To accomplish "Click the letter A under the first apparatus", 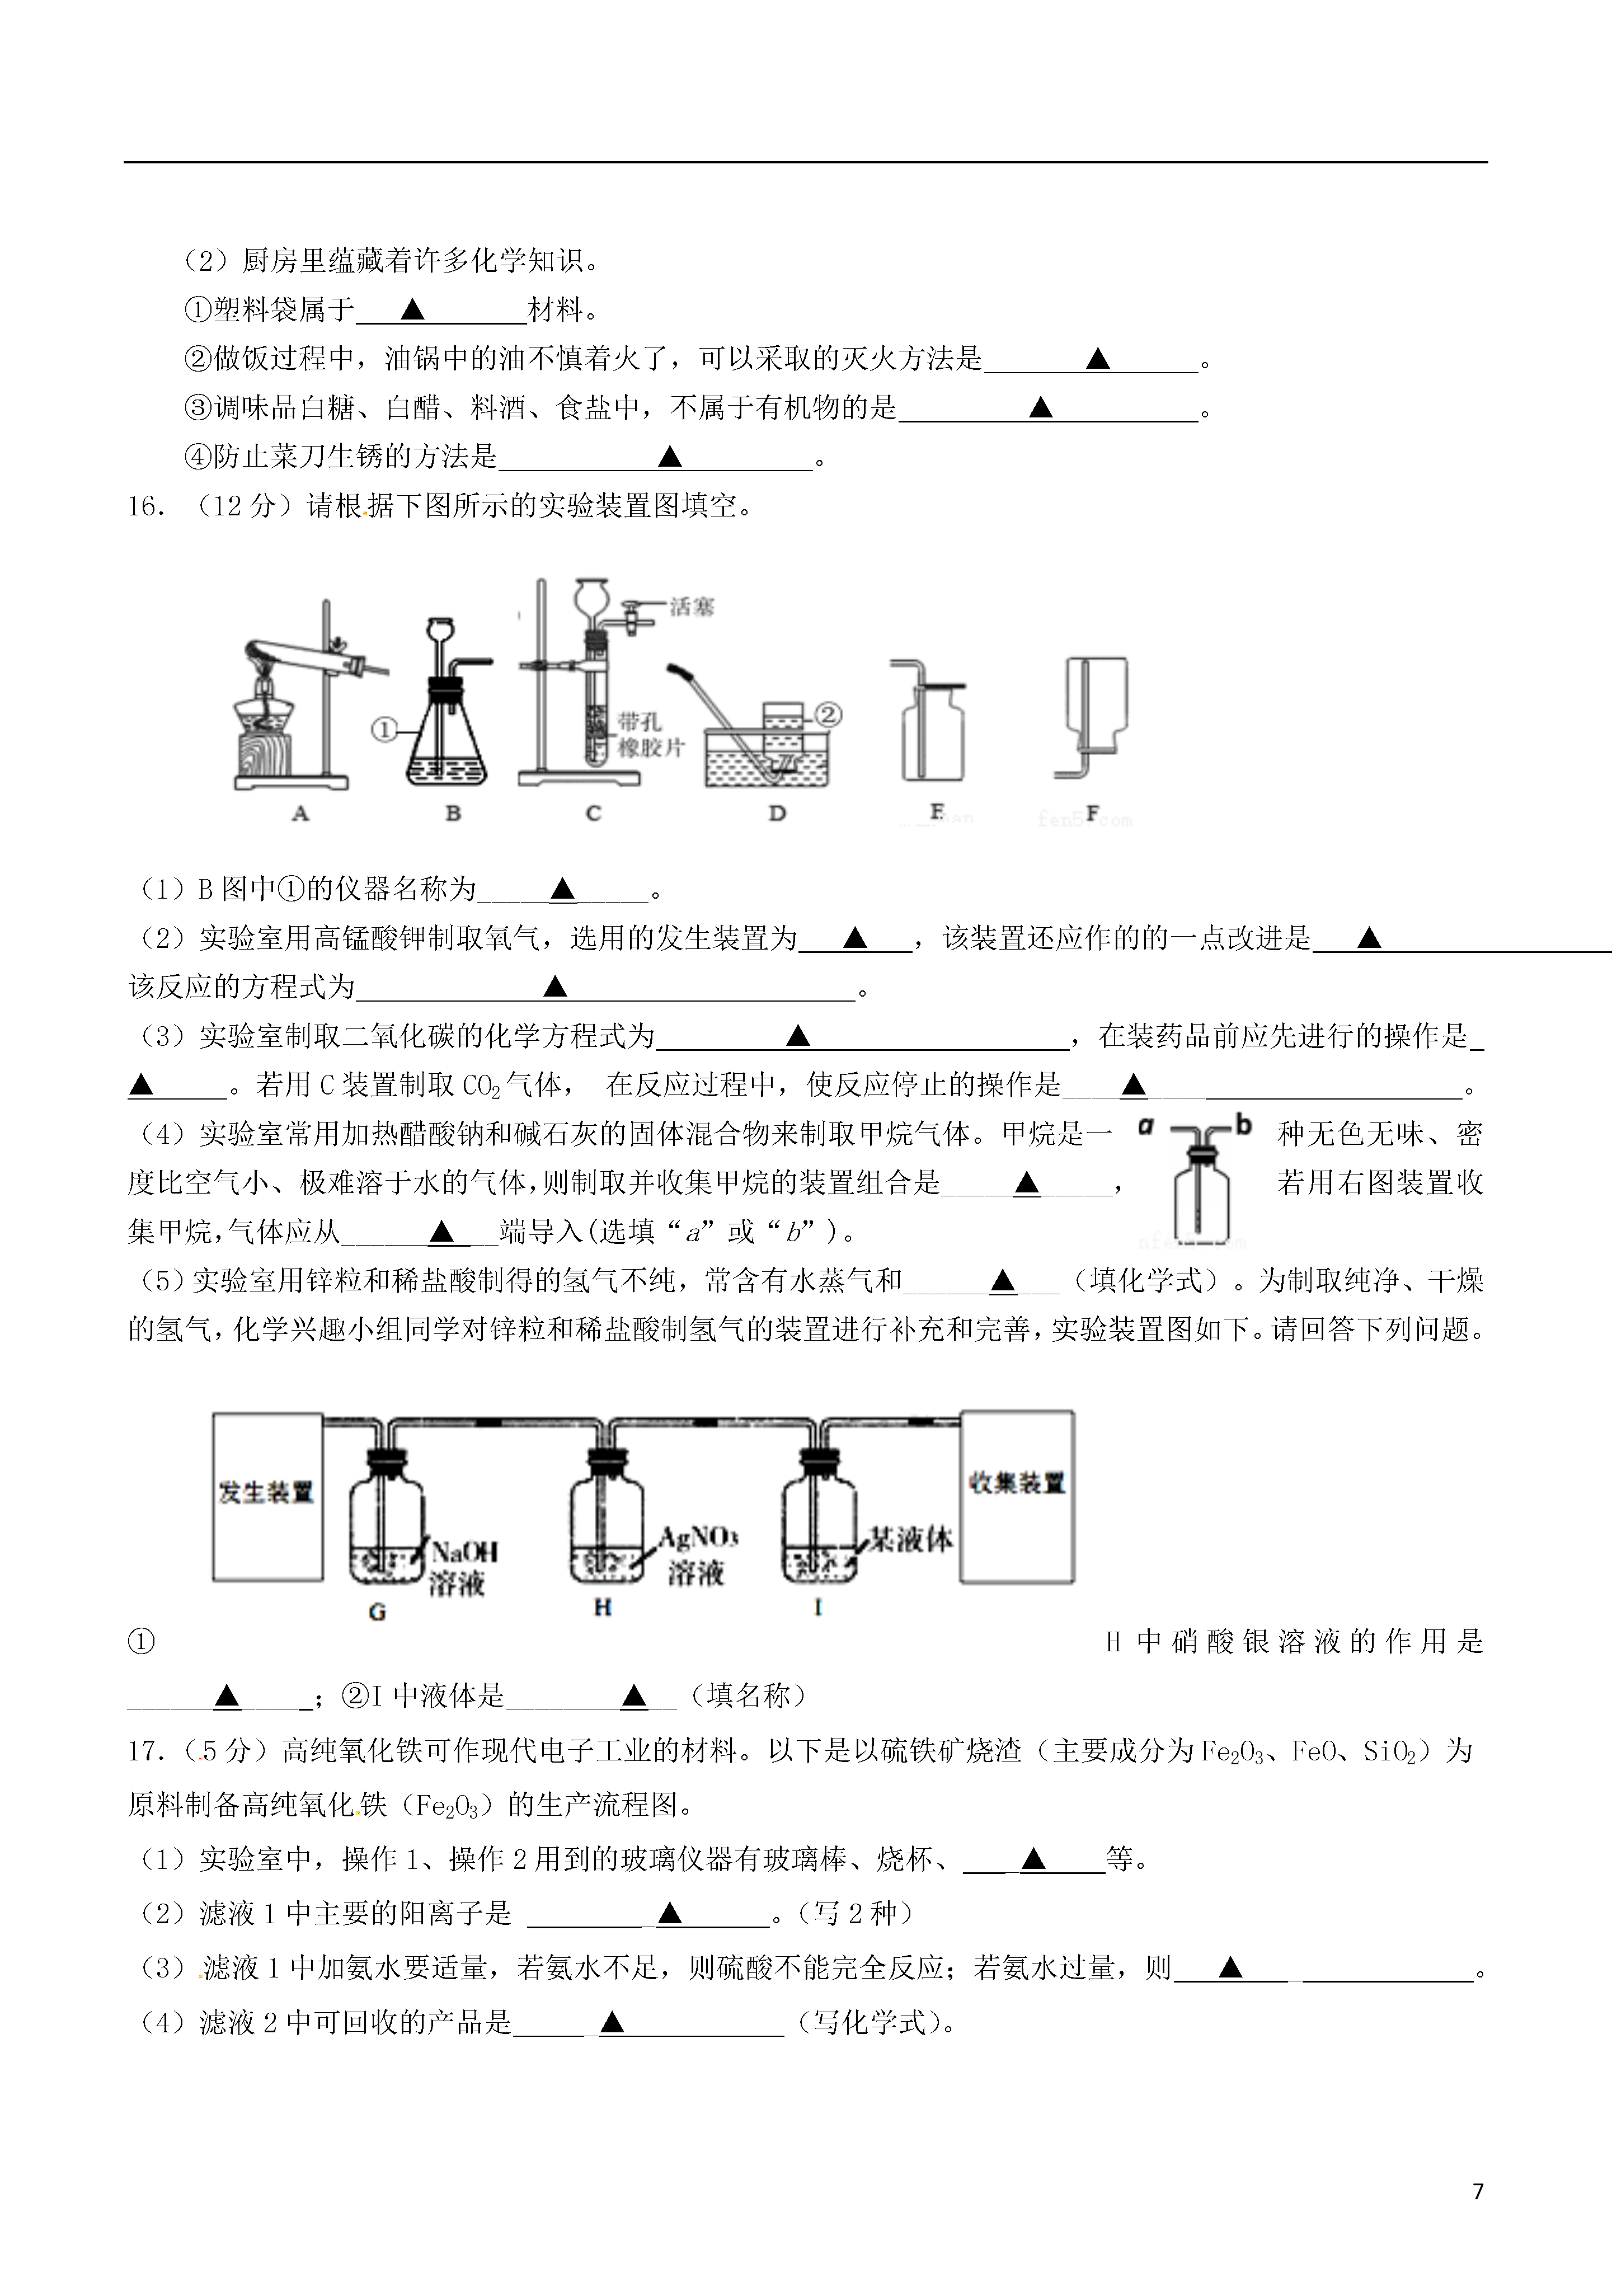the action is click(300, 814).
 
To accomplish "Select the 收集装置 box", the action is click(1016, 1496).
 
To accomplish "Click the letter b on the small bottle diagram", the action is click(1243, 1126).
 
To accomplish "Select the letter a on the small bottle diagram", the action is click(1145, 1126).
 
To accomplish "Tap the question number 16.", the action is click(146, 507).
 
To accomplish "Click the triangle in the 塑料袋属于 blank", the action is click(413, 310).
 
